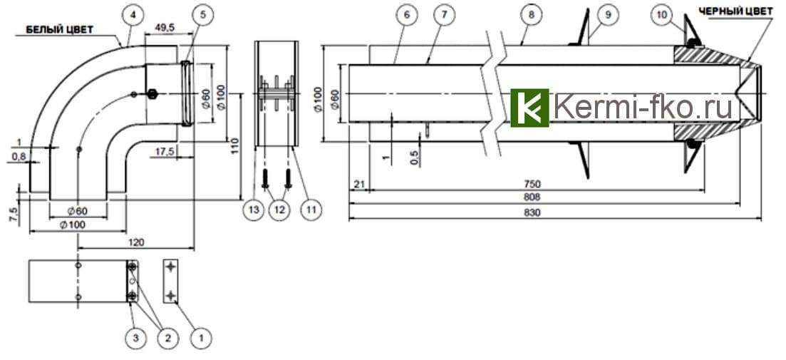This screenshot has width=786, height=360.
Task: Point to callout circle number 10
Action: pyautogui.click(x=662, y=14)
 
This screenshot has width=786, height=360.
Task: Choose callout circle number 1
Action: pyautogui.click(x=201, y=334)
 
